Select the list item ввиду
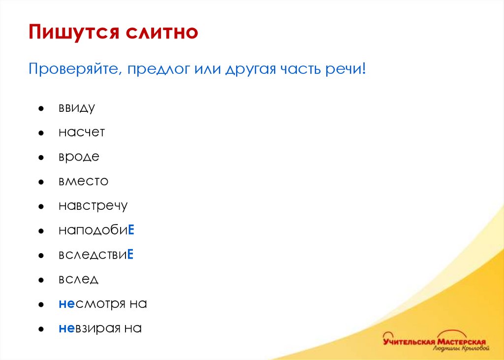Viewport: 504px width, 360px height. pyautogui.click(x=76, y=108)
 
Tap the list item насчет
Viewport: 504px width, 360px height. pyautogui.click(x=81, y=132)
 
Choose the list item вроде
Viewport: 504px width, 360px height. pyautogui.click(x=79, y=157)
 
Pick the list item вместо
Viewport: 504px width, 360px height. pyautogui.click(x=83, y=181)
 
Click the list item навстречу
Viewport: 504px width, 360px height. pyautogui.click(x=93, y=206)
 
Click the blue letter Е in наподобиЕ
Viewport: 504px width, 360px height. pyautogui.click(x=131, y=230)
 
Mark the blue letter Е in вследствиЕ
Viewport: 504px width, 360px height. pyautogui.click(x=131, y=255)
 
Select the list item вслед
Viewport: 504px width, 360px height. pyautogui.click(x=78, y=279)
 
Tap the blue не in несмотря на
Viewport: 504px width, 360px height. pyautogui.click(x=66, y=304)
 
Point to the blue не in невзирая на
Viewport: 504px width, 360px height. pyautogui.click(x=66, y=328)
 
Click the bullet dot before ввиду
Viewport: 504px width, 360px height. pyautogui.click(x=42, y=108)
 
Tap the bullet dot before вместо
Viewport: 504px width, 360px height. pyautogui.click(x=42, y=182)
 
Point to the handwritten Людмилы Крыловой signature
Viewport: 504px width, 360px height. pyautogui.click(x=461, y=349)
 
